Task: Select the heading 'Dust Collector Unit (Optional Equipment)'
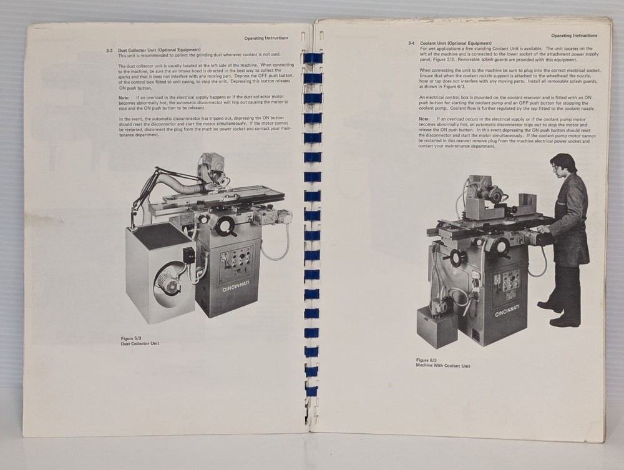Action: (159, 50)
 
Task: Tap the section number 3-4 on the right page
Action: (411, 42)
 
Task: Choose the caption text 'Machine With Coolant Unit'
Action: (443, 366)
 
